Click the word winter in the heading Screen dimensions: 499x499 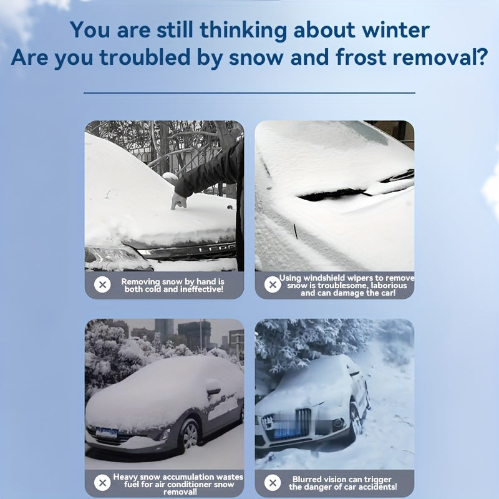[395, 30]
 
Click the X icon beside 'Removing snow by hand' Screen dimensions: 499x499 [102, 284]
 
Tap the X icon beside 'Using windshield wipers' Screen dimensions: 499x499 [273, 284]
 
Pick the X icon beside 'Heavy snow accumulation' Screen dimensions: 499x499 [102, 483]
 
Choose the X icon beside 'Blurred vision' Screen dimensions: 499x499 [273, 483]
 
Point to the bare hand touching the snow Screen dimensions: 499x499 [178, 201]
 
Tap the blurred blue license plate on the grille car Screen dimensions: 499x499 [288, 432]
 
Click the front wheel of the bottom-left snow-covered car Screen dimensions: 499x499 [190, 434]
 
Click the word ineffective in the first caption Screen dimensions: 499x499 [201, 289]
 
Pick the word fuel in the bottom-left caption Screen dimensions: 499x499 [131, 485]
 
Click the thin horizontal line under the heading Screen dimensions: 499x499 [249, 93]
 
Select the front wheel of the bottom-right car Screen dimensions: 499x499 [356, 419]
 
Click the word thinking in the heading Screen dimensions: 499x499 [243, 31]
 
